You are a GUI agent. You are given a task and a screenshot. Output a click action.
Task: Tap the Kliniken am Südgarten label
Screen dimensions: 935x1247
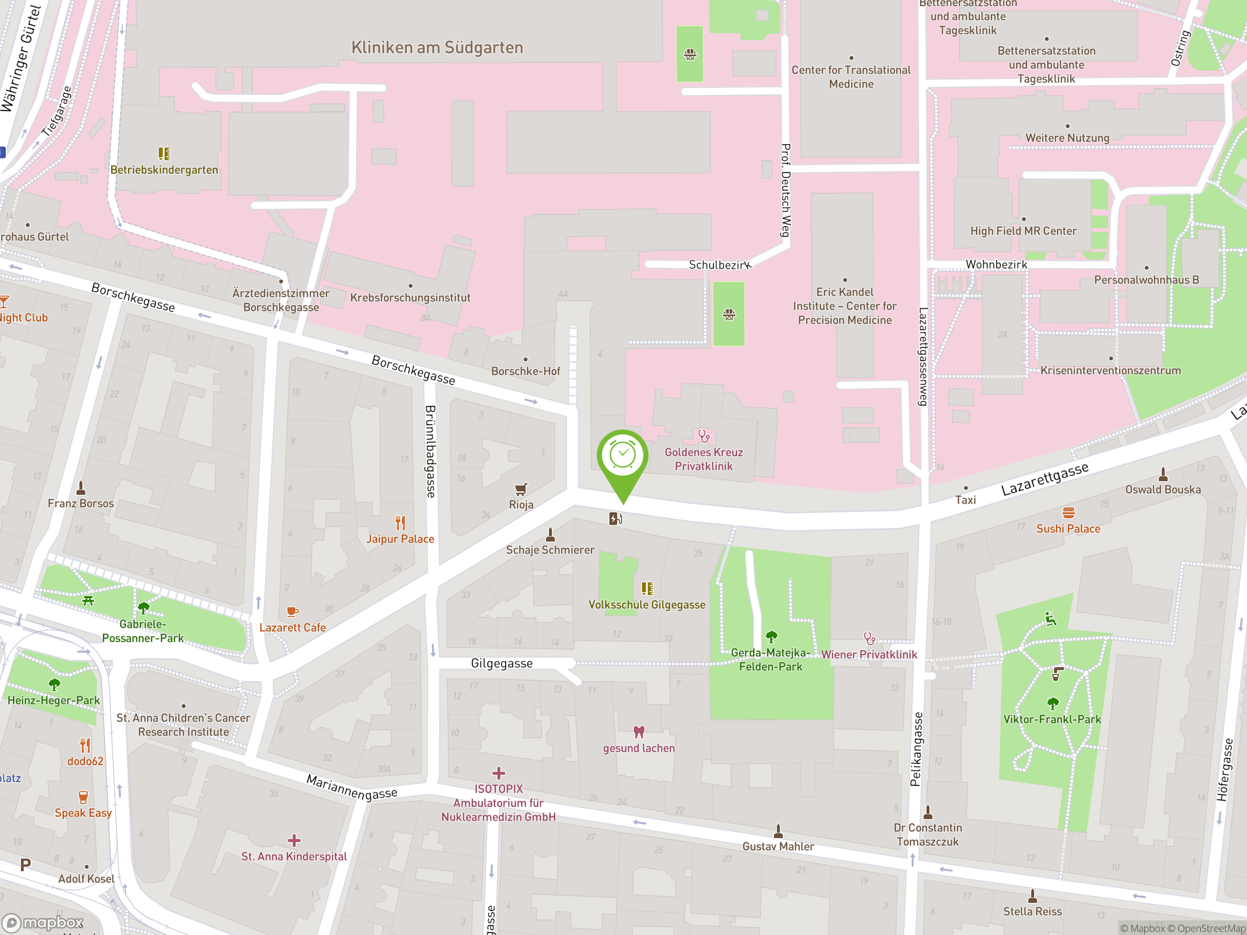pyautogui.click(x=437, y=47)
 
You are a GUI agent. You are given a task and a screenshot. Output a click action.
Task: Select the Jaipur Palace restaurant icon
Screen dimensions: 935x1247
pyautogui.click(x=400, y=523)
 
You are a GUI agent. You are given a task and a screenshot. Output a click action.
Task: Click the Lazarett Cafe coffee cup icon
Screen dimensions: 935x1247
pyautogui.click(x=292, y=612)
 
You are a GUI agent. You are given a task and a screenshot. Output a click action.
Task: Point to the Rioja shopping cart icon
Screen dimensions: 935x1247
pyautogui.click(x=521, y=488)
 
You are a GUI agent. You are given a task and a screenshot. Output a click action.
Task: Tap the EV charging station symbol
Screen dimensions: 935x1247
pyautogui.click(x=615, y=519)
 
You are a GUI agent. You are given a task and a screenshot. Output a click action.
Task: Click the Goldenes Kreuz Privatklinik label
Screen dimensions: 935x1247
pyautogui.click(x=703, y=459)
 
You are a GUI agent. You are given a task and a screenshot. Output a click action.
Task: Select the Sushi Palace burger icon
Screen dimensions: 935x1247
pyautogui.click(x=1068, y=512)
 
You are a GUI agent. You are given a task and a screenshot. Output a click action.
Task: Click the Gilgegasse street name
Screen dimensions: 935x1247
pyautogui.click(x=502, y=663)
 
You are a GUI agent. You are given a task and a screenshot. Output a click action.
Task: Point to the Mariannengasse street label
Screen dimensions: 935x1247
pyautogui.click(x=352, y=787)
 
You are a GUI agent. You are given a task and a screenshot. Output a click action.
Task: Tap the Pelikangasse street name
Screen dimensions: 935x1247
pyautogui.click(x=916, y=749)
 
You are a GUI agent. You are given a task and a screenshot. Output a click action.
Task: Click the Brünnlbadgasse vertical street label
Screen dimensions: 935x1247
pyautogui.click(x=430, y=451)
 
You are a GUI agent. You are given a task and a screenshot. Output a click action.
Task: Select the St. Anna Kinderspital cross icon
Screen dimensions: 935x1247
pyautogui.click(x=294, y=841)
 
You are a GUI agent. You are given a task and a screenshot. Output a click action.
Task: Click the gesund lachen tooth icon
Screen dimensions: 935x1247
pyautogui.click(x=639, y=731)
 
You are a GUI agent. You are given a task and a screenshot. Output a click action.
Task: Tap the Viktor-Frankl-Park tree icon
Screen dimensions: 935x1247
pyautogui.click(x=1053, y=703)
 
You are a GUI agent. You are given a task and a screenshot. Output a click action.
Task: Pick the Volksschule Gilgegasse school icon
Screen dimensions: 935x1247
pyautogui.click(x=646, y=588)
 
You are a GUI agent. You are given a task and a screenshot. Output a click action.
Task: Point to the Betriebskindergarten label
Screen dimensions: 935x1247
pyautogui.click(x=164, y=169)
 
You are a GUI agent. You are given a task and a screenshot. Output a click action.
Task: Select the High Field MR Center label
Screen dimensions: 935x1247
pyautogui.click(x=1023, y=230)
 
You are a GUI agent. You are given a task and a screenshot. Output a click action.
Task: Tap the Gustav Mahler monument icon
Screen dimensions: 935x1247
pyautogui.click(x=778, y=830)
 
